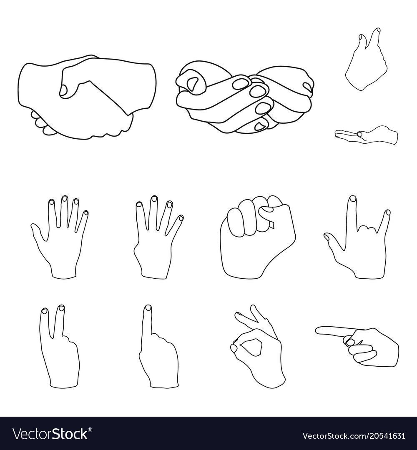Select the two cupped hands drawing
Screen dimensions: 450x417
[x=244, y=98]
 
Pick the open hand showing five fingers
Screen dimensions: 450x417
[x=60, y=237]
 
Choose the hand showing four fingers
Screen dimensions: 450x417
[x=156, y=237]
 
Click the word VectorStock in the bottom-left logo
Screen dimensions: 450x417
[x=50, y=435]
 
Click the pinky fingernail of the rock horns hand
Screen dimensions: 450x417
[x=387, y=212]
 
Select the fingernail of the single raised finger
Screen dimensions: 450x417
[x=148, y=308]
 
